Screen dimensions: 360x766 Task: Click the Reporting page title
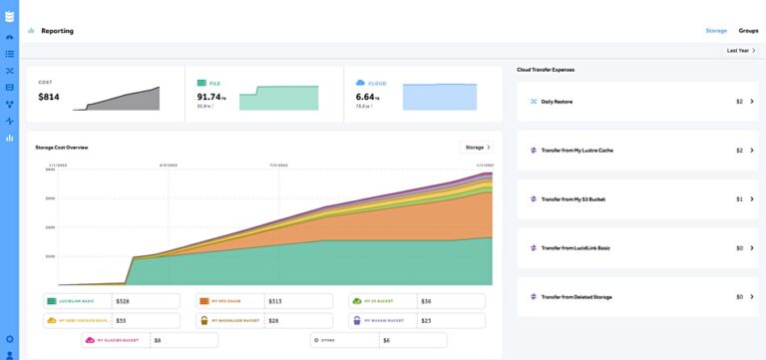(x=57, y=31)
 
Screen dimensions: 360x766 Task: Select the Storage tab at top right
(x=716, y=31)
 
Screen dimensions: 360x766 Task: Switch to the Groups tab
(x=748, y=31)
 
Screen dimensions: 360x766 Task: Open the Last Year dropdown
(x=739, y=50)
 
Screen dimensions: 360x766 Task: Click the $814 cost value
(x=49, y=97)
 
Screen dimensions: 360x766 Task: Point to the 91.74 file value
(x=211, y=97)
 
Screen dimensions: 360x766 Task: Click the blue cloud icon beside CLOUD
(x=360, y=83)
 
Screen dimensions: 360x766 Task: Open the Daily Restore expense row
(x=557, y=102)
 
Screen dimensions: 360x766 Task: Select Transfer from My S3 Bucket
(x=573, y=199)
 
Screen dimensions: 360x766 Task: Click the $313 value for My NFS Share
(x=275, y=301)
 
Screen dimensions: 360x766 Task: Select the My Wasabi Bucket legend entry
(x=380, y=321)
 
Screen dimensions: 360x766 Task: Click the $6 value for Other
(x=387, y=340)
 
